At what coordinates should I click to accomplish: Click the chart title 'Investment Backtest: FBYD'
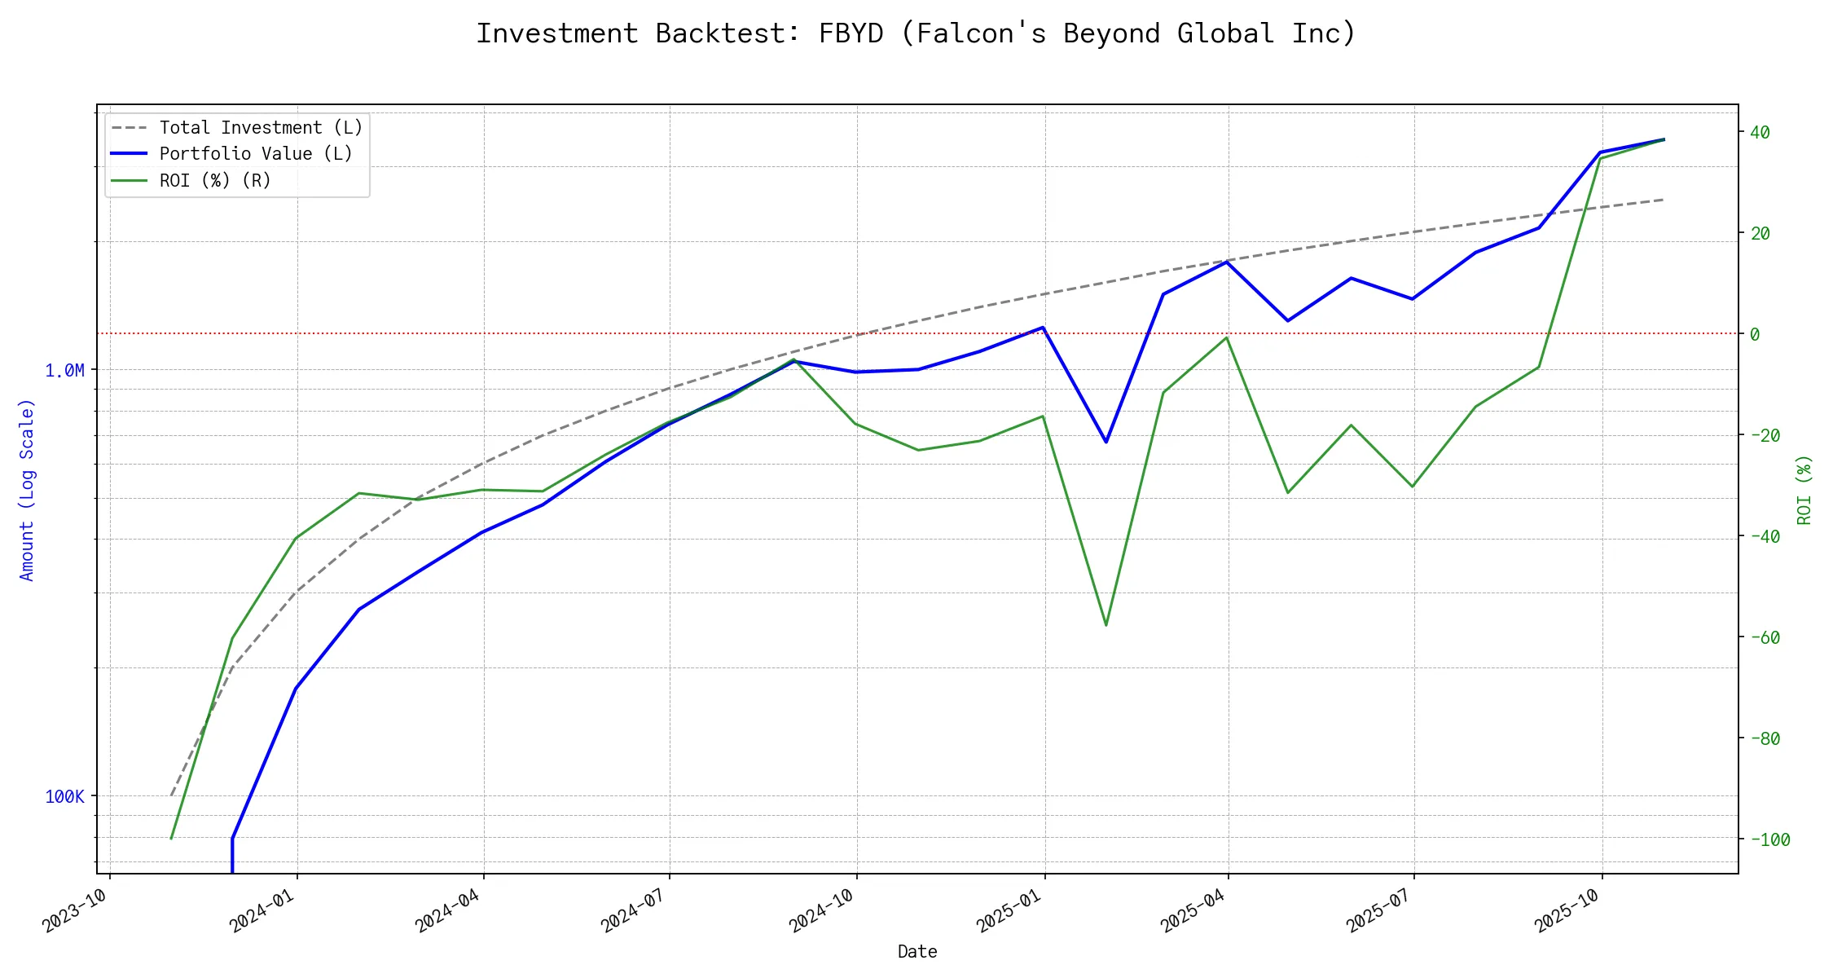tap(916, 33)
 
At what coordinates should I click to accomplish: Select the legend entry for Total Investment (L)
tap(261, 128)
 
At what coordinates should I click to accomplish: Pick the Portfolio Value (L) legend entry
tap(256, 154)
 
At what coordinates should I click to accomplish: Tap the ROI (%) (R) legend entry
tap(215, 180)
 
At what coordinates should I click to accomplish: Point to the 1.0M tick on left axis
tap(64, 371)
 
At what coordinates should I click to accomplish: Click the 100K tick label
tap(64, 797)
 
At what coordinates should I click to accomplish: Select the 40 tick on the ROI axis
tap(1760, 132)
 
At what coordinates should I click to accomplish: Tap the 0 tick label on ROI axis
tap(1755, 334)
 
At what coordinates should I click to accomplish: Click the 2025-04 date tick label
tap(1193, 911)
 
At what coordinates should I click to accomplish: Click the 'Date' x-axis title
tap(917, 952)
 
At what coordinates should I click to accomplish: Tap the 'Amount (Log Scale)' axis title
tap(27, 490)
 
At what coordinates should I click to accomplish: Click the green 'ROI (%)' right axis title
tap(1804, 490)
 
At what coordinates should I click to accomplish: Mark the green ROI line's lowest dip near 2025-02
tap(1106, 625)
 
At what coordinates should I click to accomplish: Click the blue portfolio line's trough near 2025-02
tap(1106, 442)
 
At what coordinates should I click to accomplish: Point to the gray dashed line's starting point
tap(171, 795)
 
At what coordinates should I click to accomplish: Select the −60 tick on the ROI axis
tap(1765, 637)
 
